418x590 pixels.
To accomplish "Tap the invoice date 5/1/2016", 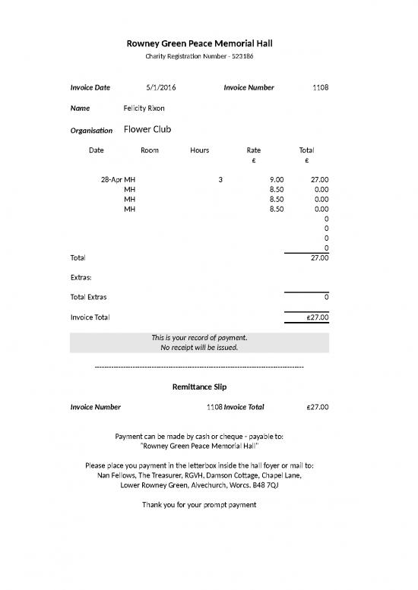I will point(160,88).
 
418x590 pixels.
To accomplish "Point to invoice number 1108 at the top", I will point(320,88).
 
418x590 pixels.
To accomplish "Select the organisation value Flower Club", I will point(147,130).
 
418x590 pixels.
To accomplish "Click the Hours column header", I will point(199,150).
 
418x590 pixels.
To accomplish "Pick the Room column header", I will point(150,150).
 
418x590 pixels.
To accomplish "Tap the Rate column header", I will point(254,150).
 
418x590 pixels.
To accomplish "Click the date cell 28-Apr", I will point(111,180).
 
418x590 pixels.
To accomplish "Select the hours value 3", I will point(220,180).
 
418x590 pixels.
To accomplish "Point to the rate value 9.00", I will point(276,180).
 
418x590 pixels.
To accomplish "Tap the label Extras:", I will point(81,278).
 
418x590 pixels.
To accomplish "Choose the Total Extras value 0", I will point(326,297).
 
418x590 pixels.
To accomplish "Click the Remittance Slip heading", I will point(199,387).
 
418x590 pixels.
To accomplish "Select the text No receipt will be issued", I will point(199,348).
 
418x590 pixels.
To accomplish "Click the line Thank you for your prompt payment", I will point(199,505).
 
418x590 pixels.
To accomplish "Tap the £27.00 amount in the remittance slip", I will point(317,407).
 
